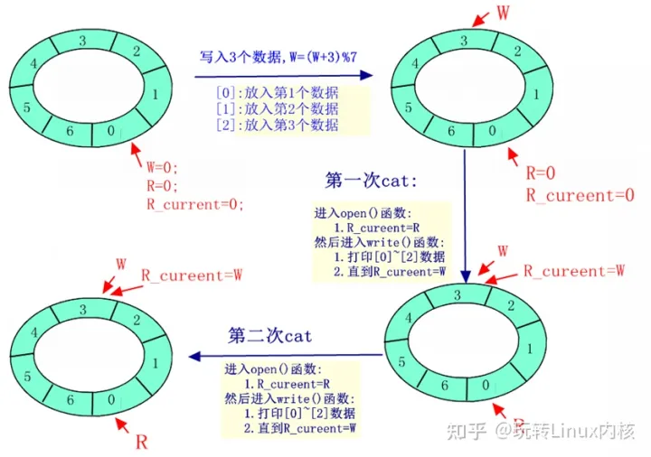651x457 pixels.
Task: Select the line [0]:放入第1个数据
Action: (277, 92)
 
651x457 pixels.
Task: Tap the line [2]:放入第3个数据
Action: (277, 125)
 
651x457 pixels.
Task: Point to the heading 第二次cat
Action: (270, 336)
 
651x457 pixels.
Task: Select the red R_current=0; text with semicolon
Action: (195, 205)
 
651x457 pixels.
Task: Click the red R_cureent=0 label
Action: (580, 194)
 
